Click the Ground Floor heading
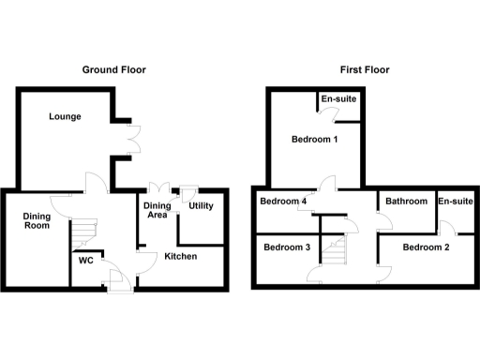pos(113,69)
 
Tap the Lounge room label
pos(66,117)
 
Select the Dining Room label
pos(37,220)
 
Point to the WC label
pos(85,260)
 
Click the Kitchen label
pos(181,256)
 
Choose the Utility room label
pos(202,206)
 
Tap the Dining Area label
pos(156,210)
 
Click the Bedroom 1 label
pos(313,141)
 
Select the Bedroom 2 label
pos(427,247)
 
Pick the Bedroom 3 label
pos(287,247)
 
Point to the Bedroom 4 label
pos(283,201)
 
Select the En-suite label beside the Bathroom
pos(456,201)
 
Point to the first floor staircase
pos(335,248)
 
